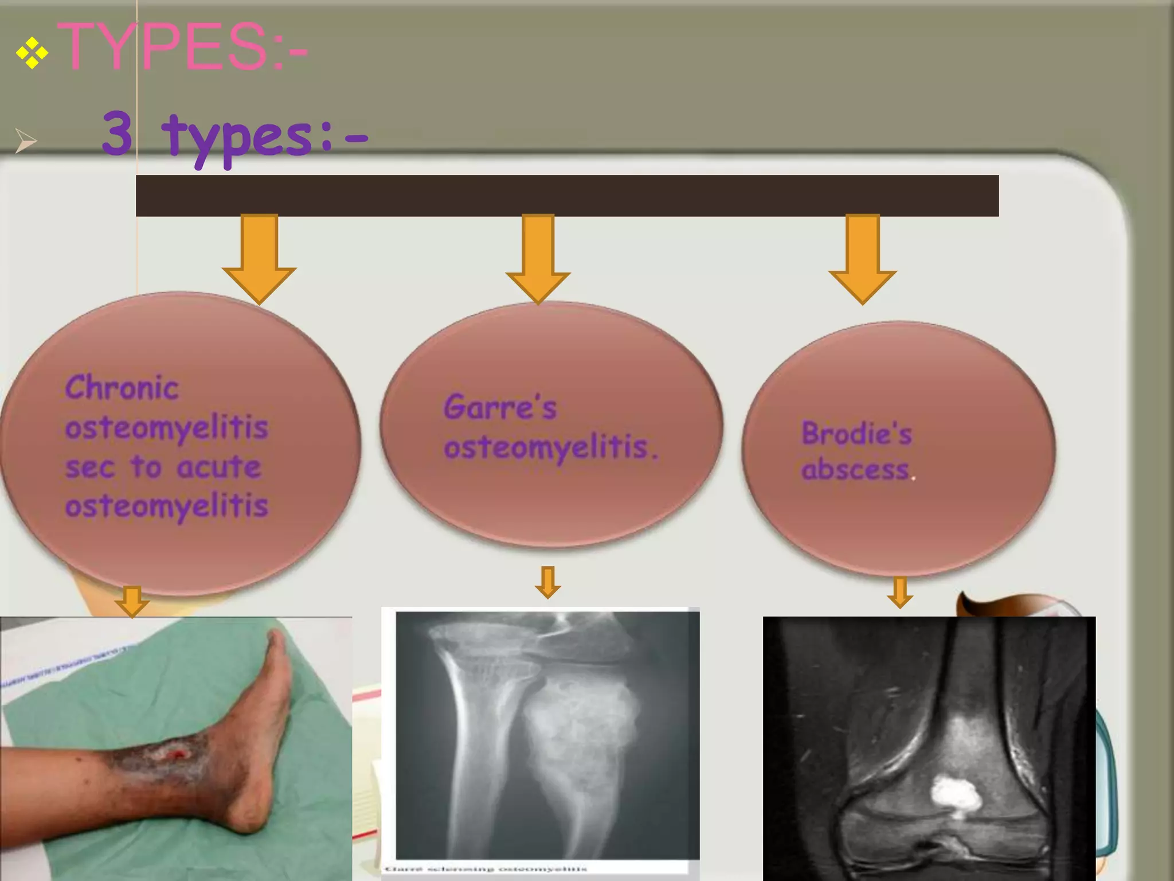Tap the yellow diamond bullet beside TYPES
tap(32, 53)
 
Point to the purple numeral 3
tap(118, 134)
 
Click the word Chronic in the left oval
tap(122, 388)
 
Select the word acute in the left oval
tap(219, 466)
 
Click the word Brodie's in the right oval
tap(856, 433)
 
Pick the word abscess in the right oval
tap(855, 470)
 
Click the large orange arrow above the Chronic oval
tap(259, 258)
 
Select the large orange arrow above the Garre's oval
tap(538, 258)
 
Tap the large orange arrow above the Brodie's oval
tap(862, 258)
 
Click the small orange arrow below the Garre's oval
tap(547, 582)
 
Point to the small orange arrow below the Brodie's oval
tap(900, 592)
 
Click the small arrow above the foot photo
tap(132, 602)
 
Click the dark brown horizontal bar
tap(567, 196)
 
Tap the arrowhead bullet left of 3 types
tap(25, 141)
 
